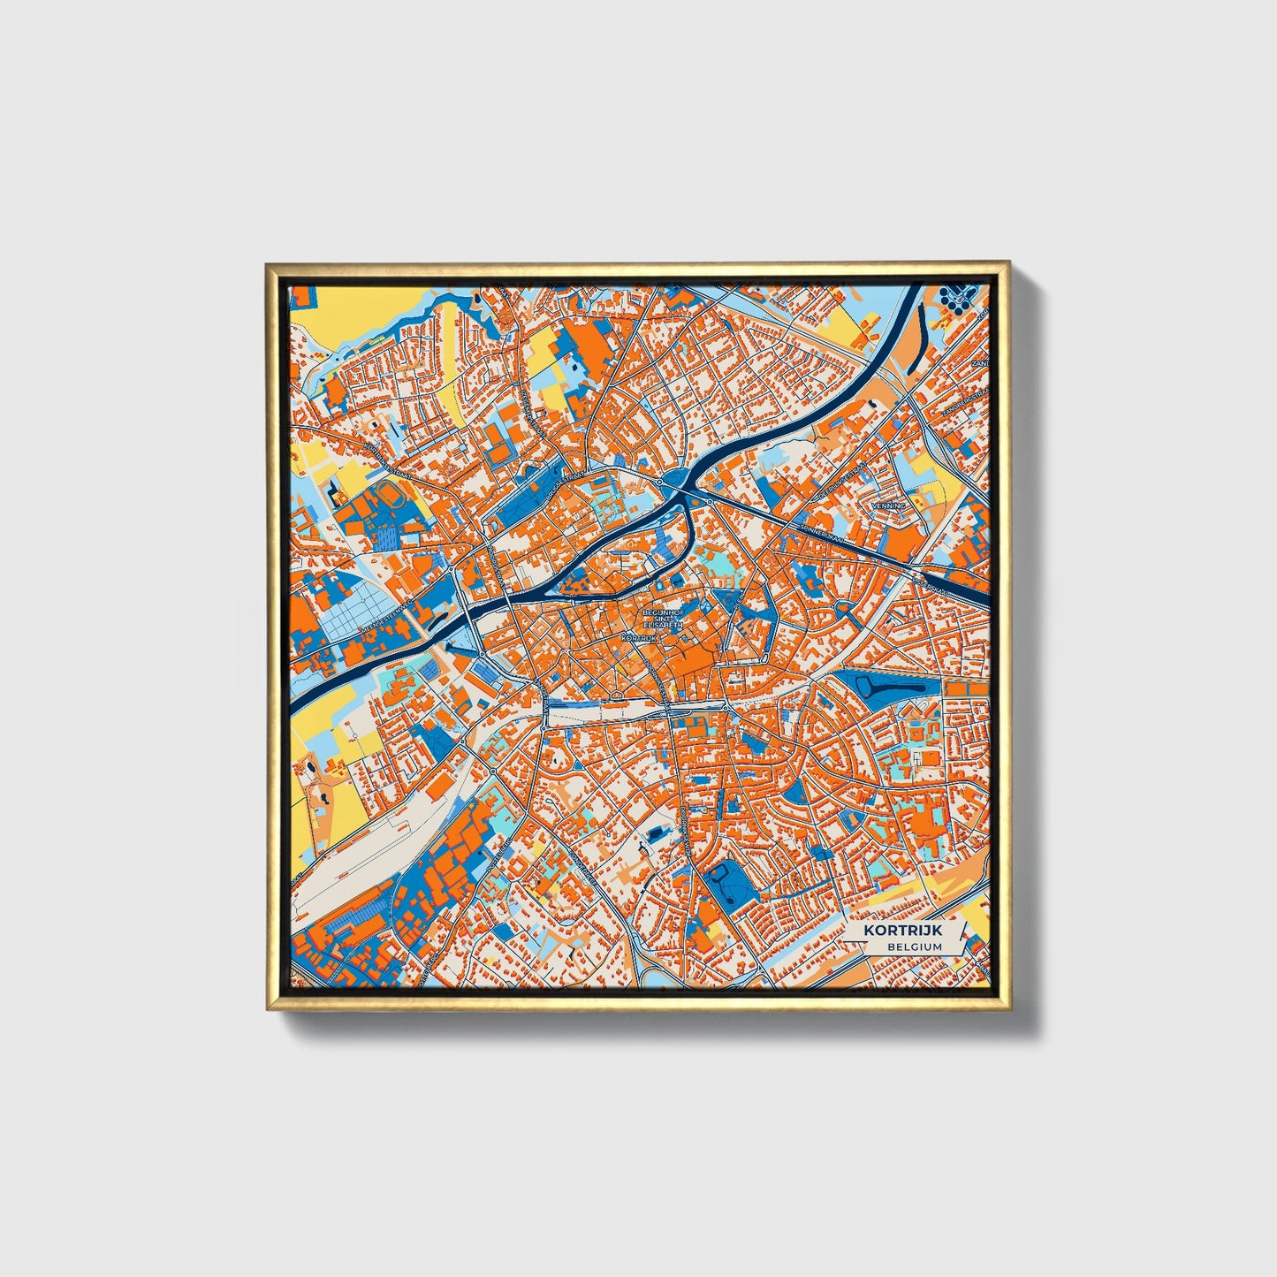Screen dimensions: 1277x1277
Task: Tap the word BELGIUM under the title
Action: coord(916,946)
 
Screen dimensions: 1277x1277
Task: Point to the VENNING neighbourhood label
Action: coord(889,505)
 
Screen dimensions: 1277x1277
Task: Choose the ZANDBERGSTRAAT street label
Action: coord(963,402)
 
